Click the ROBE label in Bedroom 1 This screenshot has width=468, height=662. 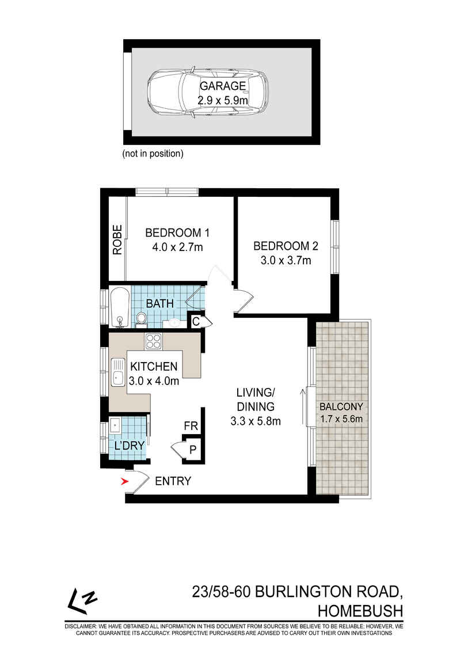tap(117, 240)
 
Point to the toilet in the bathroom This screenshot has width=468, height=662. tap(141, 319)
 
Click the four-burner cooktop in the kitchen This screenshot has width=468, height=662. tap(154, 341)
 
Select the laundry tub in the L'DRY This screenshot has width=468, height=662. tap(115, 425)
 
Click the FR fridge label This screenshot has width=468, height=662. tap(191, 426)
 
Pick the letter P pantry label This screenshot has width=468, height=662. tap(193, 449)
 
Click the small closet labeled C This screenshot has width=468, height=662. tap(196, 322)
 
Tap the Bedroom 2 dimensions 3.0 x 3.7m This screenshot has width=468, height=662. tap(286, 261)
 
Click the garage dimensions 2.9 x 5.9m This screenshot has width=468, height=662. tap(222, 101)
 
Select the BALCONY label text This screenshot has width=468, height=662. tap(341, 406)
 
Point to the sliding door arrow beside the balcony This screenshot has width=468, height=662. tap(302, 408)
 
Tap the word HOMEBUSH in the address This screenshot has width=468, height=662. tap(360, 611)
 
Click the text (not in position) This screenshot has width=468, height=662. tap(153, 154)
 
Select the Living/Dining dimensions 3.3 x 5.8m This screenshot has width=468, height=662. tap(256, 421)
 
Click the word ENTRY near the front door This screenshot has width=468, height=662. tap(173, 481)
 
